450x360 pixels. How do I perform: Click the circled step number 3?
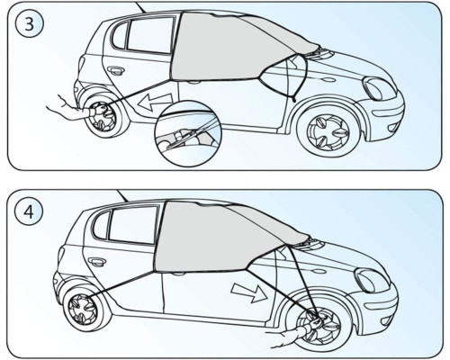click(29, 23)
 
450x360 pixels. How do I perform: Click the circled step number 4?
click(29, 212)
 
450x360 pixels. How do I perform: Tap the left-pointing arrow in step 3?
click(154, 102)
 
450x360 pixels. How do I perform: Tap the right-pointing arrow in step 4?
click(249, 292)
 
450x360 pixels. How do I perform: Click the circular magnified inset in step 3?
click(187, 133)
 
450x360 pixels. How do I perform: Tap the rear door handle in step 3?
click(115, 71)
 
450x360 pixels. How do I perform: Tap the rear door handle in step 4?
click(97, 262)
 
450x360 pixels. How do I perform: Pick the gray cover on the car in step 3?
click(237, 47)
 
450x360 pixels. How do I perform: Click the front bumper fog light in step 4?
click(386, 321)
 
